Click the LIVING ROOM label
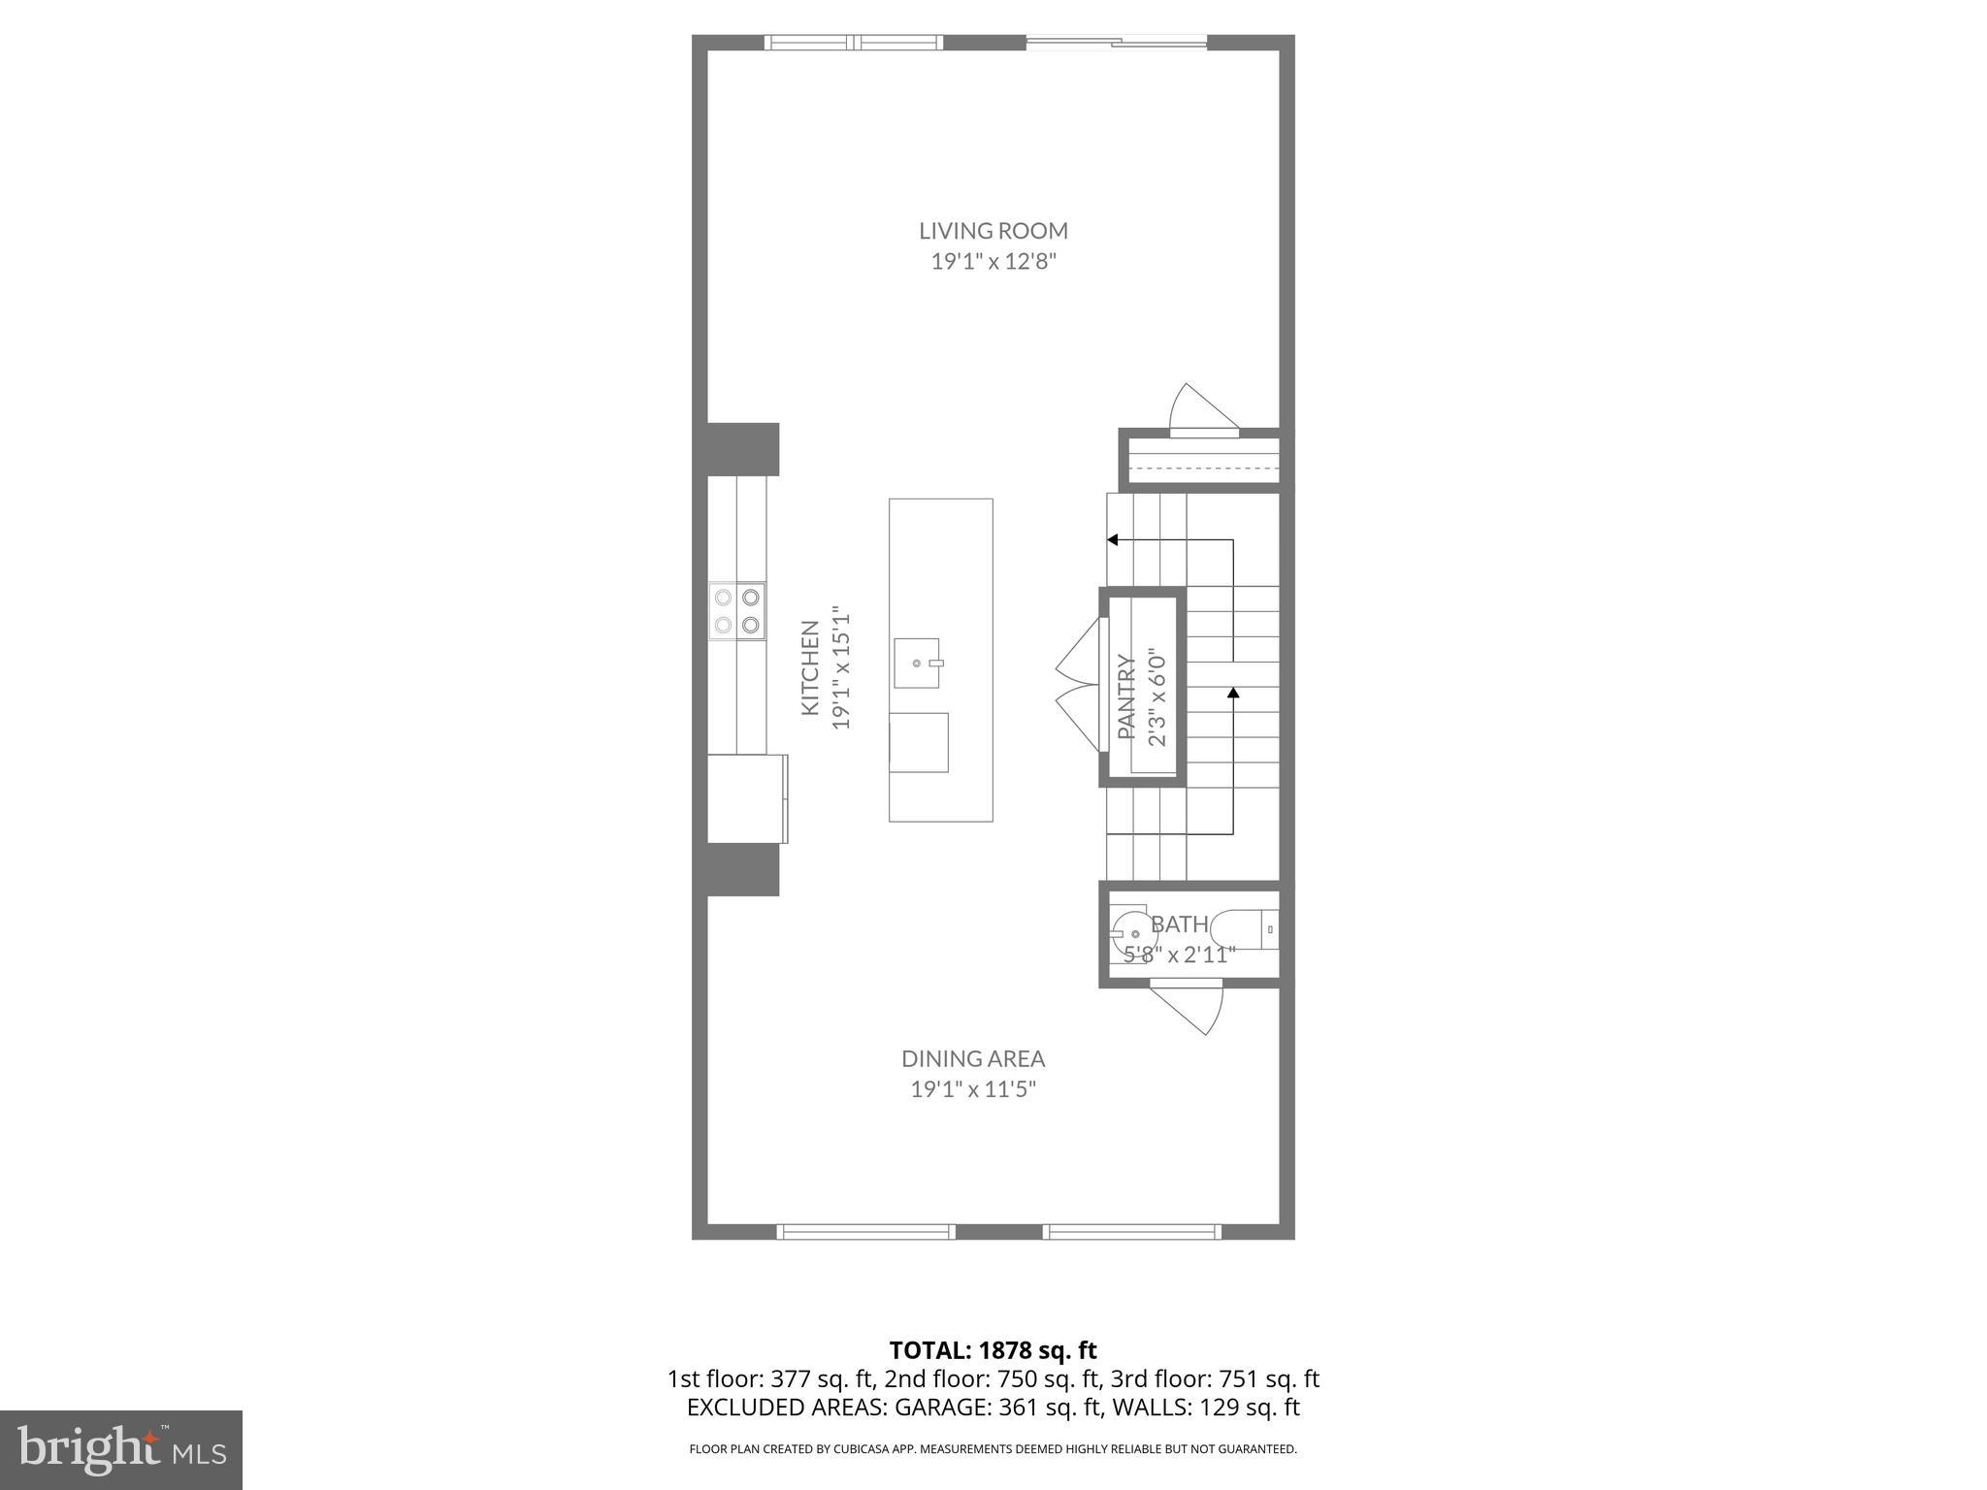click(993, 231)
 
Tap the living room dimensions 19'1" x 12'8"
click(993, 262)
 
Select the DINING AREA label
click(973, 1058)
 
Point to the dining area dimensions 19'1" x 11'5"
click(973, 1089)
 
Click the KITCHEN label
click(810, 668)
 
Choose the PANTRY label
click(1126, 696)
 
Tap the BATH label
click(1180, 923)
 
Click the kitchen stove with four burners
click(736, 611)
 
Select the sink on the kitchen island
click(917, 664)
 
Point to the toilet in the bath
click(1247, 930)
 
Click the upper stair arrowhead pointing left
click(1113, 539)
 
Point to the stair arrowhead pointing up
click(1233, 693)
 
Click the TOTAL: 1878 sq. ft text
click(993, 1349)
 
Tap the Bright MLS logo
click(121, 1449)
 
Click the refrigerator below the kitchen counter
click(746, 798)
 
